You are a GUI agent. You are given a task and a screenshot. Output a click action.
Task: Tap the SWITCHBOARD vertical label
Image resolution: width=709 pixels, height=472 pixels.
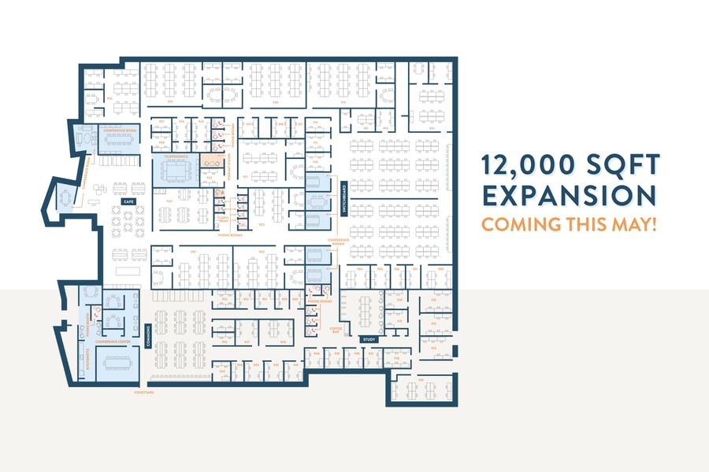tap(345, 197)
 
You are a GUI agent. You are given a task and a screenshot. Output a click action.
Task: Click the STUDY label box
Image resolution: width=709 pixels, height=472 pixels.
tap(369, 339)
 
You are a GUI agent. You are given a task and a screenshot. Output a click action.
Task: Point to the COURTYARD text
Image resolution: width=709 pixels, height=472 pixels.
tap(143, 391)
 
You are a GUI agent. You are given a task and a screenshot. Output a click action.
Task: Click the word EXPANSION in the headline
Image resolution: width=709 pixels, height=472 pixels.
tap(569, 195)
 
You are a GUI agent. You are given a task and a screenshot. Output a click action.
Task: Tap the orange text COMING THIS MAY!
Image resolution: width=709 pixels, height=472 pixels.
tap(569, 224)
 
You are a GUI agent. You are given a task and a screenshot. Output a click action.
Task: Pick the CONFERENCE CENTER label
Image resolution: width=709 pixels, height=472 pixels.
tap(113, 341)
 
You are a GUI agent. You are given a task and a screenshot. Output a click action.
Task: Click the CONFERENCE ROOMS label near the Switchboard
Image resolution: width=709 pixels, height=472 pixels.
tap(338, 241)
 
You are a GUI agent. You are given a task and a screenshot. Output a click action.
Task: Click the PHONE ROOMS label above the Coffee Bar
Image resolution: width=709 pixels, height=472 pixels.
tap(319, 301)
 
